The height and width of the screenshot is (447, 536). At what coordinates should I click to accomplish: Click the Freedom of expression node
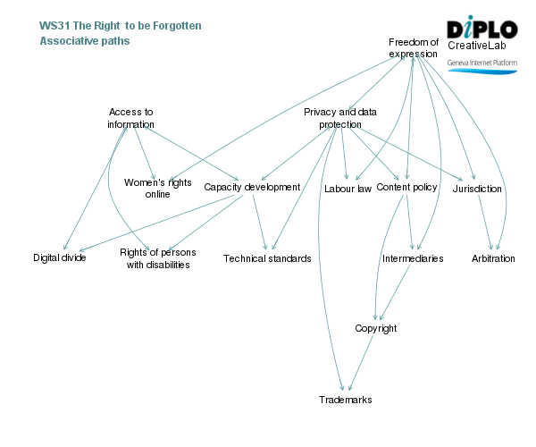[x=414, y=47]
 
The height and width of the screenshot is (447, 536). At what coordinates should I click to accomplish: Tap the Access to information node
[x=131, y=118]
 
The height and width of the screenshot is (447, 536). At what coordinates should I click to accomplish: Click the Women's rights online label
[x=157, y=188]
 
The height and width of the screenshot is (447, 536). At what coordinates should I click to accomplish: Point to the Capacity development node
[x=252, y=187]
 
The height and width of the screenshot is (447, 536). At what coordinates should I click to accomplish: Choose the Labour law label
[x=348, y=189]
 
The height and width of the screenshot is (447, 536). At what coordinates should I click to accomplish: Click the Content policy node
[x=406, y=187]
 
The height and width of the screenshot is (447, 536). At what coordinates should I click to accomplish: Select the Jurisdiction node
[x=477, y=189]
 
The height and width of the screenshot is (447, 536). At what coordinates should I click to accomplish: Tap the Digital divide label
[x=60, y=258]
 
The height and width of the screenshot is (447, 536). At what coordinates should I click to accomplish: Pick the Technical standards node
[x=267, y=258]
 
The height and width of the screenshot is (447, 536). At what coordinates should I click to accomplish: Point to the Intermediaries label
[x=413, y=258]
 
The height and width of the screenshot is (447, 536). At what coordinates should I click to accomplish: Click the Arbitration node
[x=493, y=258]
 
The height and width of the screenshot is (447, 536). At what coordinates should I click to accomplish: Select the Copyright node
[x=375, y=328]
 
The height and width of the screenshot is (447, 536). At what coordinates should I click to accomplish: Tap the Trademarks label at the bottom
[x=345, y=400]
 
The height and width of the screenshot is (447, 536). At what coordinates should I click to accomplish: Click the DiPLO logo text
[x=482, y=29]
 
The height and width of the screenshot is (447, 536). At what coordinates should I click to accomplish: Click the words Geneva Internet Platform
[x=482, y=63]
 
